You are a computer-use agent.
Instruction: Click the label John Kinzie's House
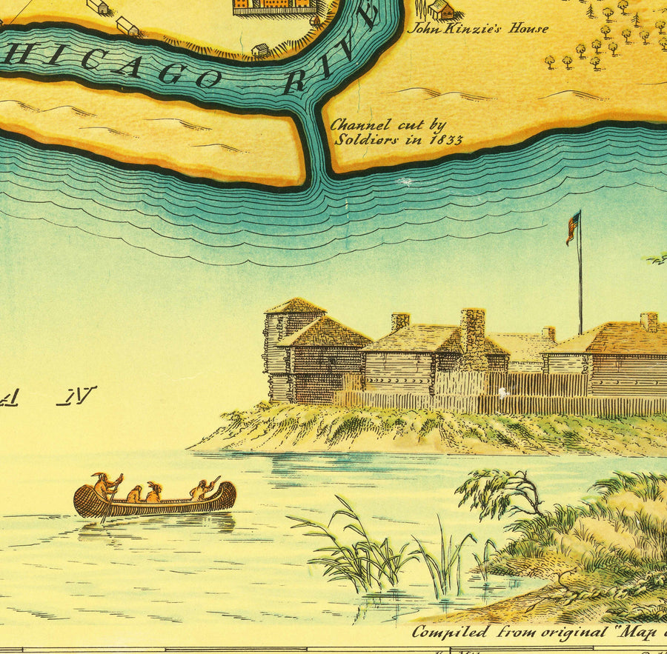click(479, 29)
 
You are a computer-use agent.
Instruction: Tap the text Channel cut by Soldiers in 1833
click(396, 132)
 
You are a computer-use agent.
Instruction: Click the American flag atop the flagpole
click(573, 226)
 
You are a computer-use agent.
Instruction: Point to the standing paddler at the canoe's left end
click(105, 487)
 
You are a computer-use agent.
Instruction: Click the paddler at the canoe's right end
click(202, 489)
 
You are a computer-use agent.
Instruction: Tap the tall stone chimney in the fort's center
click(472, 330)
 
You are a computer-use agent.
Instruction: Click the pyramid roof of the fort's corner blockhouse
click(295, 305)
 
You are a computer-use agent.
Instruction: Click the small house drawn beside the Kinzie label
click(440, 9)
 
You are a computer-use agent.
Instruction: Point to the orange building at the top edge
click(273, 7)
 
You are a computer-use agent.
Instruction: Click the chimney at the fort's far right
click(648, 321)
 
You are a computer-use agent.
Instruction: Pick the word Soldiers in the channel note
click(360, 139)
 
